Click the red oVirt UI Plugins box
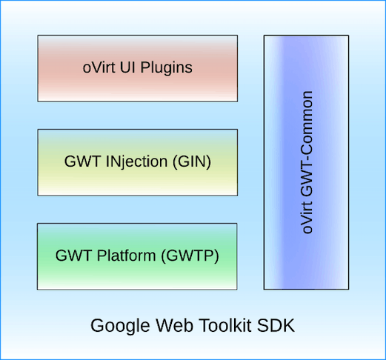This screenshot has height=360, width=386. click(x=138, y=68)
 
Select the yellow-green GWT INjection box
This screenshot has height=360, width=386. click(x=138, y=162)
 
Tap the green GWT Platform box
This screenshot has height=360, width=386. click(x=137, y=256)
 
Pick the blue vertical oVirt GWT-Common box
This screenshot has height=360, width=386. click(x=306, y=162)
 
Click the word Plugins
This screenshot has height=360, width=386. click(x=167, y=68)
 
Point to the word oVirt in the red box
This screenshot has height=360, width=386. click(x=99, y=67)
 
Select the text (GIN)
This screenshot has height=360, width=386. click(x=192, y=161)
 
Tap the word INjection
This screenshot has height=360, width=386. click(x=136, y=162)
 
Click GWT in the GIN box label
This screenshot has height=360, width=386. click(x=82, y=161)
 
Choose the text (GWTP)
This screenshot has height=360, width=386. click(x=190, y=256)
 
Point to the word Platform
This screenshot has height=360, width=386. click(x=126, y=256)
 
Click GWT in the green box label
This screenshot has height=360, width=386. click(x=73, y=256)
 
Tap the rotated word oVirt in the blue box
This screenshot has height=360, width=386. click(x=307, y=218)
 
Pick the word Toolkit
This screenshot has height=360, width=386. click(x=225, y=325)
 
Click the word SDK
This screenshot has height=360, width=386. click(x=276, y=325)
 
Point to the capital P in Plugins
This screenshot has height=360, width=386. click(x=145, y=67)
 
